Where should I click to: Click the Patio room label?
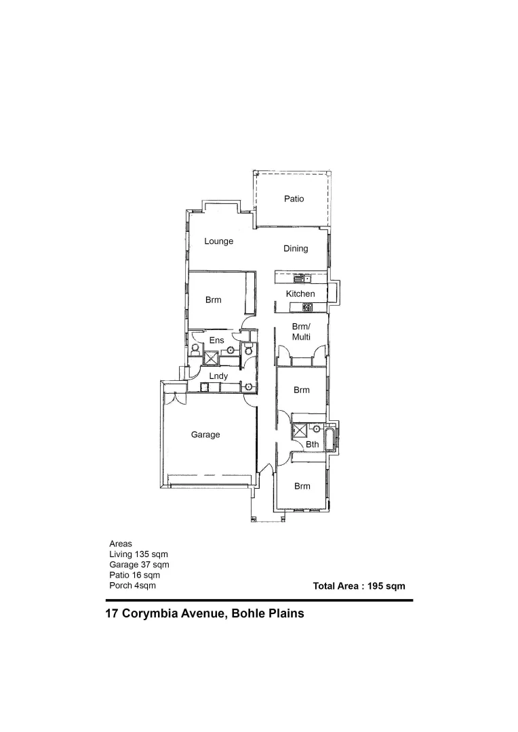[x=294, y=199]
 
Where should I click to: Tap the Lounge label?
[x=219, y=241]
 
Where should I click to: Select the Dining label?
[x=296, y=249]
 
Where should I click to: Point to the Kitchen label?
[x=300, y=293]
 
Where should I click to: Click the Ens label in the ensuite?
[x=216, y=340]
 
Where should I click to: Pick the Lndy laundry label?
[x=218, y=376]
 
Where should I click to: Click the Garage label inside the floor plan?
[x=205, y=434]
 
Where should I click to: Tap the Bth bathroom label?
[x=312, y=445]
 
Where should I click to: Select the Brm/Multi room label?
[x=301, y=331]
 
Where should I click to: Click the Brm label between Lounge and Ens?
[x=214, y=300]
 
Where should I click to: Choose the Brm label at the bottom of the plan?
[x=302, y=486]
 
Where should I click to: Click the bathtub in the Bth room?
[x=330, y=439]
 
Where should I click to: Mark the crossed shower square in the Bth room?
[x=298, y=431]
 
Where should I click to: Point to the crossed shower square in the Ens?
[x=212, y=359]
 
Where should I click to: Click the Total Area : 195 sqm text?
[x=359, y=586]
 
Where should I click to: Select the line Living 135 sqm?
[x=138, y=554]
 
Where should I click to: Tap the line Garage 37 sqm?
[x=139, y=565]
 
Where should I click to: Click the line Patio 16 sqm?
[x=134, y=575]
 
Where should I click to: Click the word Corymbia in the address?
[x=153, y=615]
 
